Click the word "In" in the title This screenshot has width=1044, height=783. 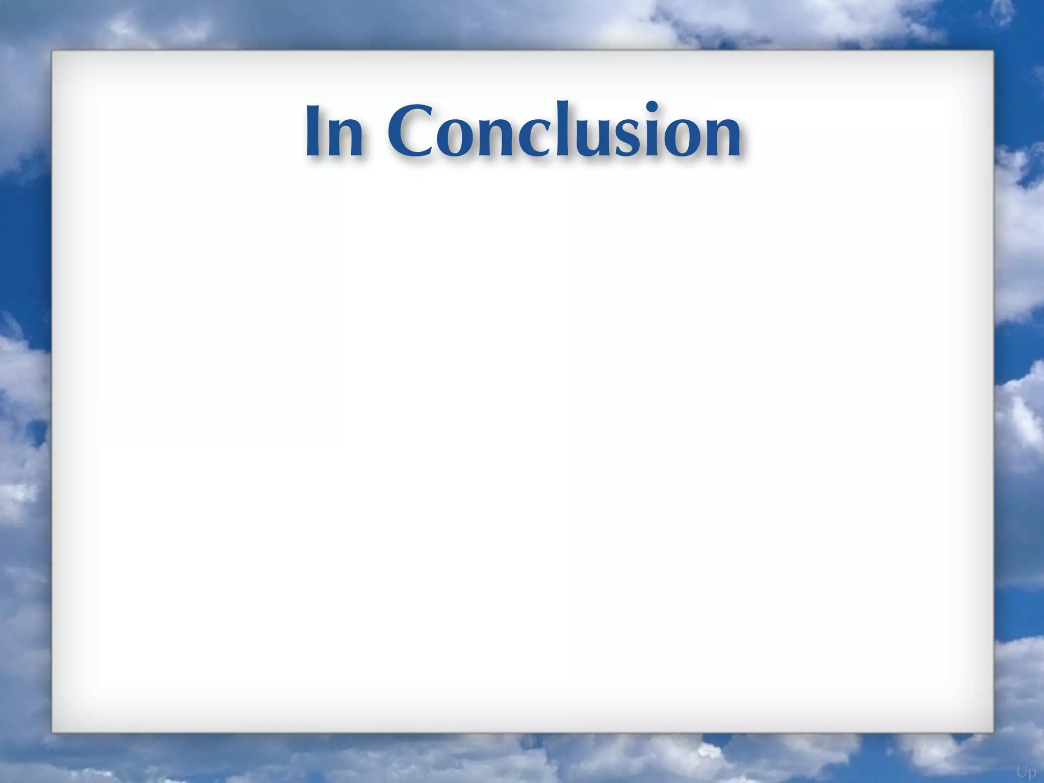pos(334,131)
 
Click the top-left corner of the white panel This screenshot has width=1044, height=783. pos(53,50)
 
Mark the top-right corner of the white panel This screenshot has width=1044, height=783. pos(993,50)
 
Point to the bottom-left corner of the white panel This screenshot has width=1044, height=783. pos(53,733)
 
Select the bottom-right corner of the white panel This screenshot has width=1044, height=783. pos(993,733)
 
